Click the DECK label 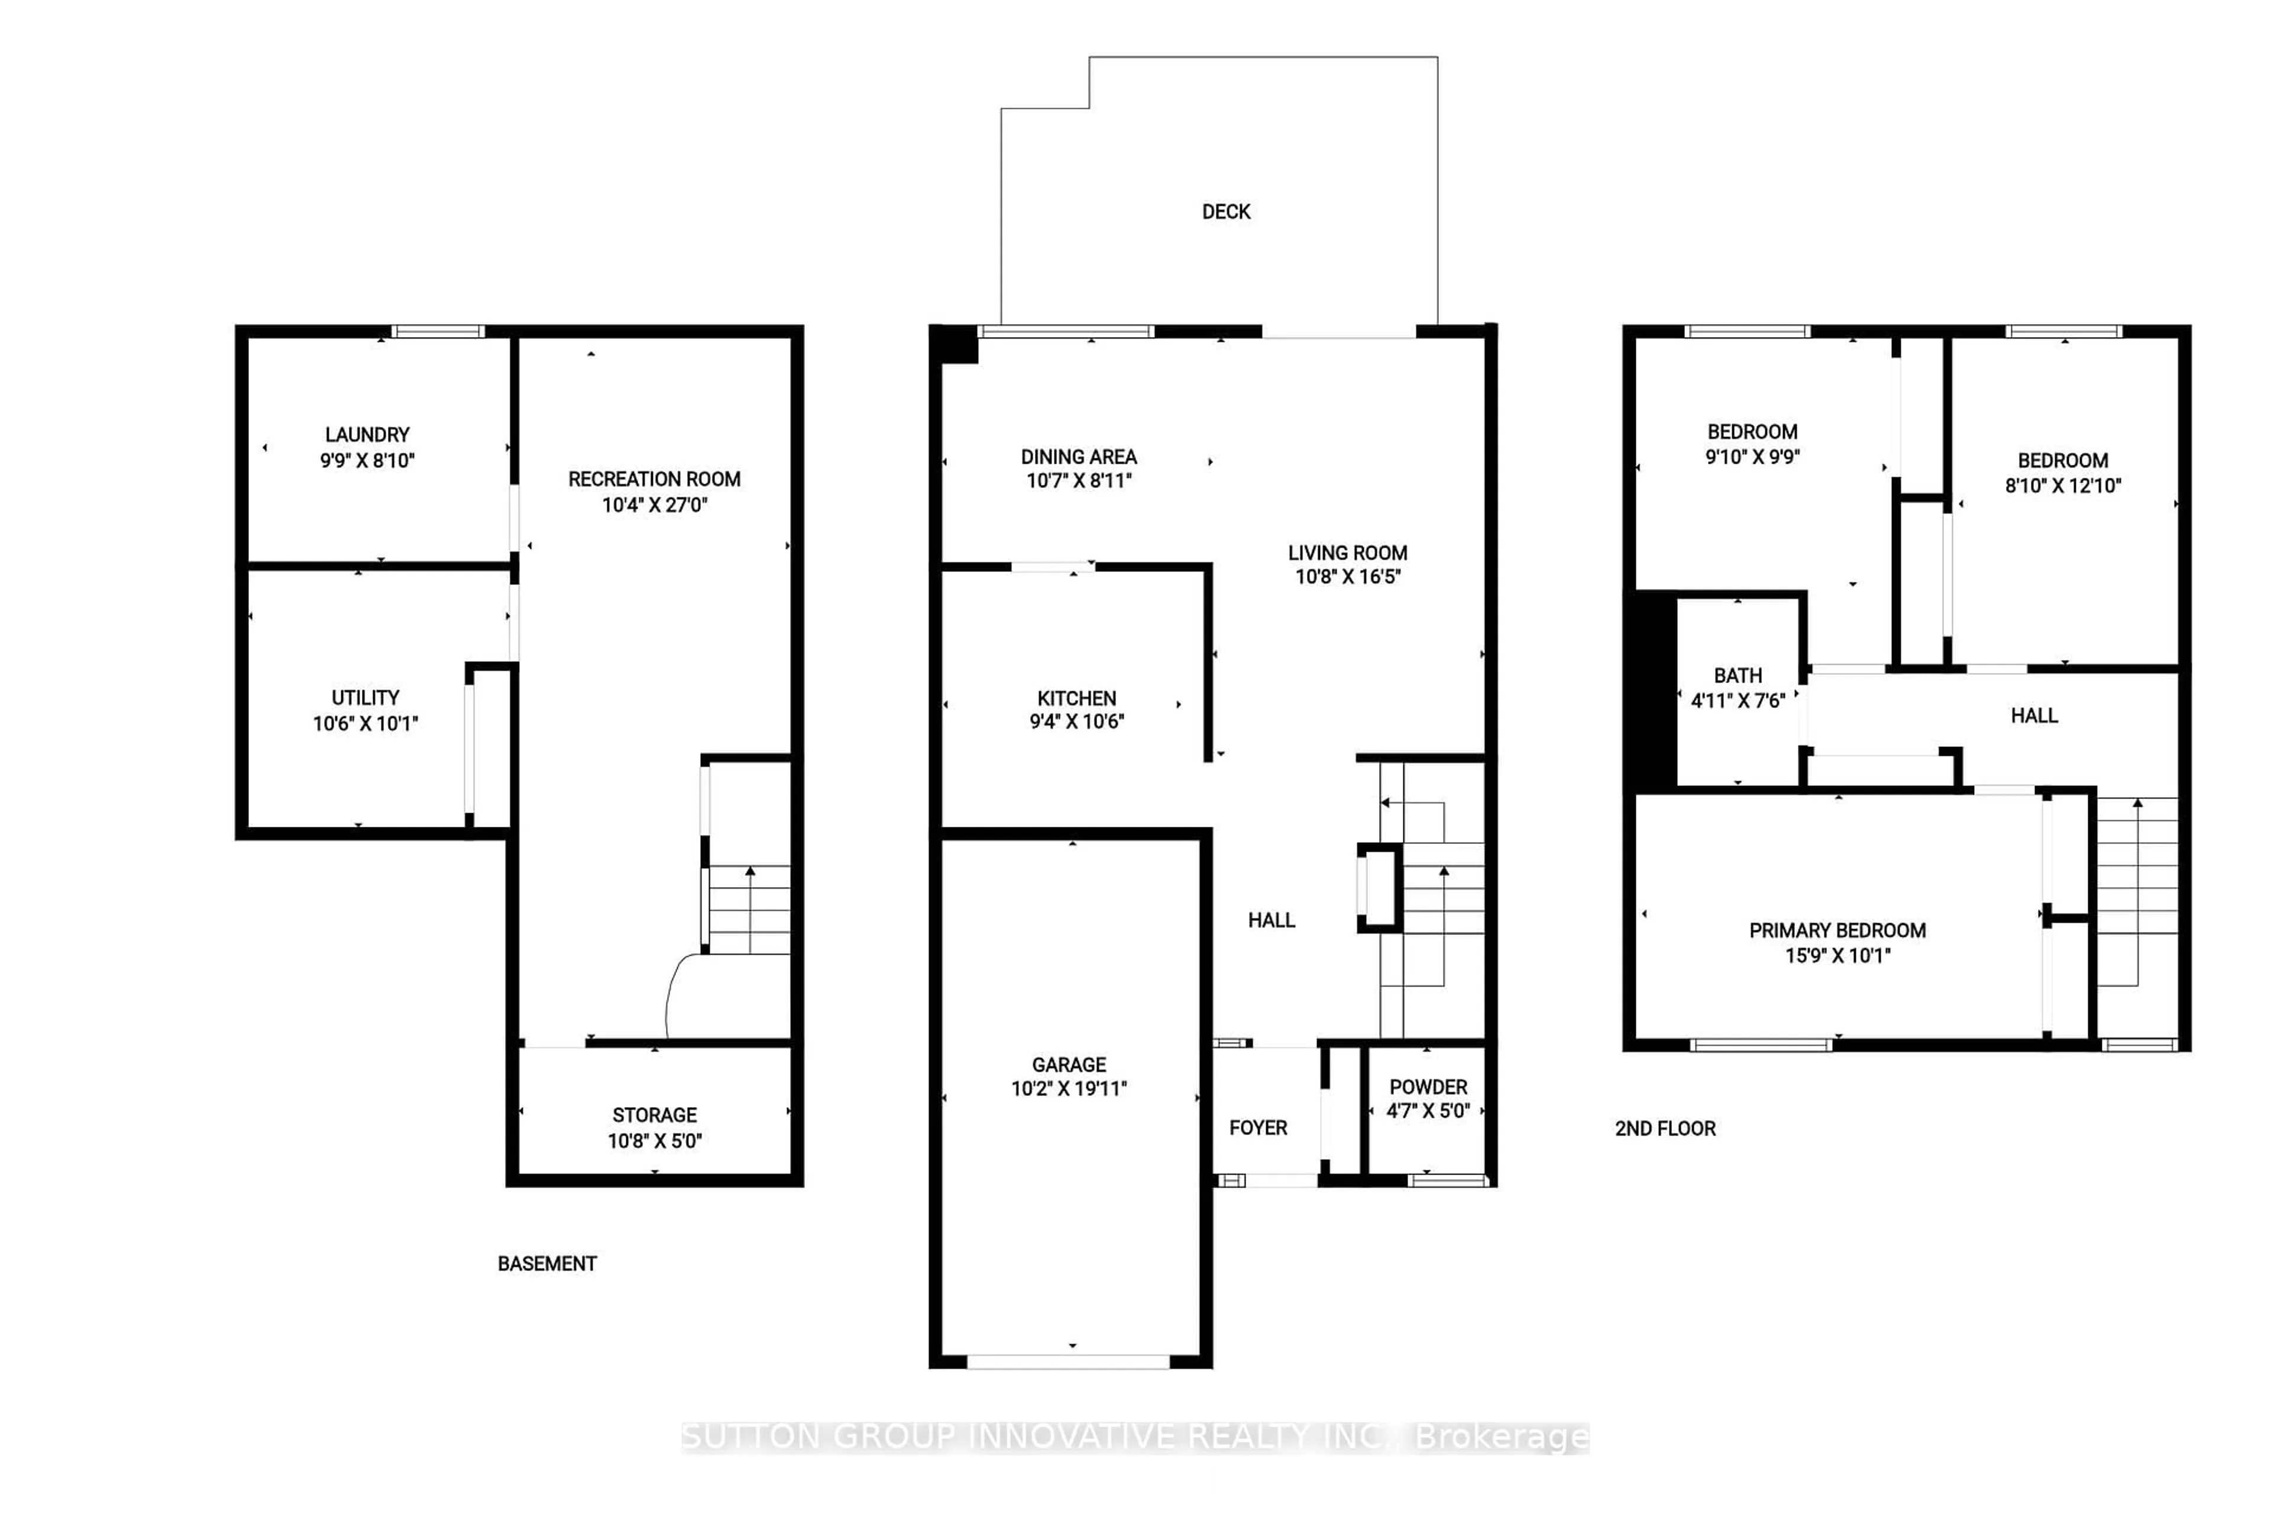click(x=1225, y=212)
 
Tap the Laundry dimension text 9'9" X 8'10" click(x=367, y=461)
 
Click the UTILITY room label click(x=365, y=697)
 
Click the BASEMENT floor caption click(x=546, y=1263)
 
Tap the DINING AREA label click(x=1079, y=457)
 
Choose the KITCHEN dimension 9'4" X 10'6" click(x=1076, y=722)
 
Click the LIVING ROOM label click(x=1347, y=552)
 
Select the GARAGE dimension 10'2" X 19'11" click(x=1069, y=1088)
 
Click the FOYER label click(x=1257, y=1128)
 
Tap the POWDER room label click(x=1428, y=1086)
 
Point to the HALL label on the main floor click(x=1271, y=920)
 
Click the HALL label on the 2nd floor click(x=2033, y=716)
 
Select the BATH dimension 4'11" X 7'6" click(x=1737, y=700)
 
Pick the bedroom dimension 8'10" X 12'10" click(x=2062, y=486)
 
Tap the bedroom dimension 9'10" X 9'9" click(x=1752, y=457)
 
